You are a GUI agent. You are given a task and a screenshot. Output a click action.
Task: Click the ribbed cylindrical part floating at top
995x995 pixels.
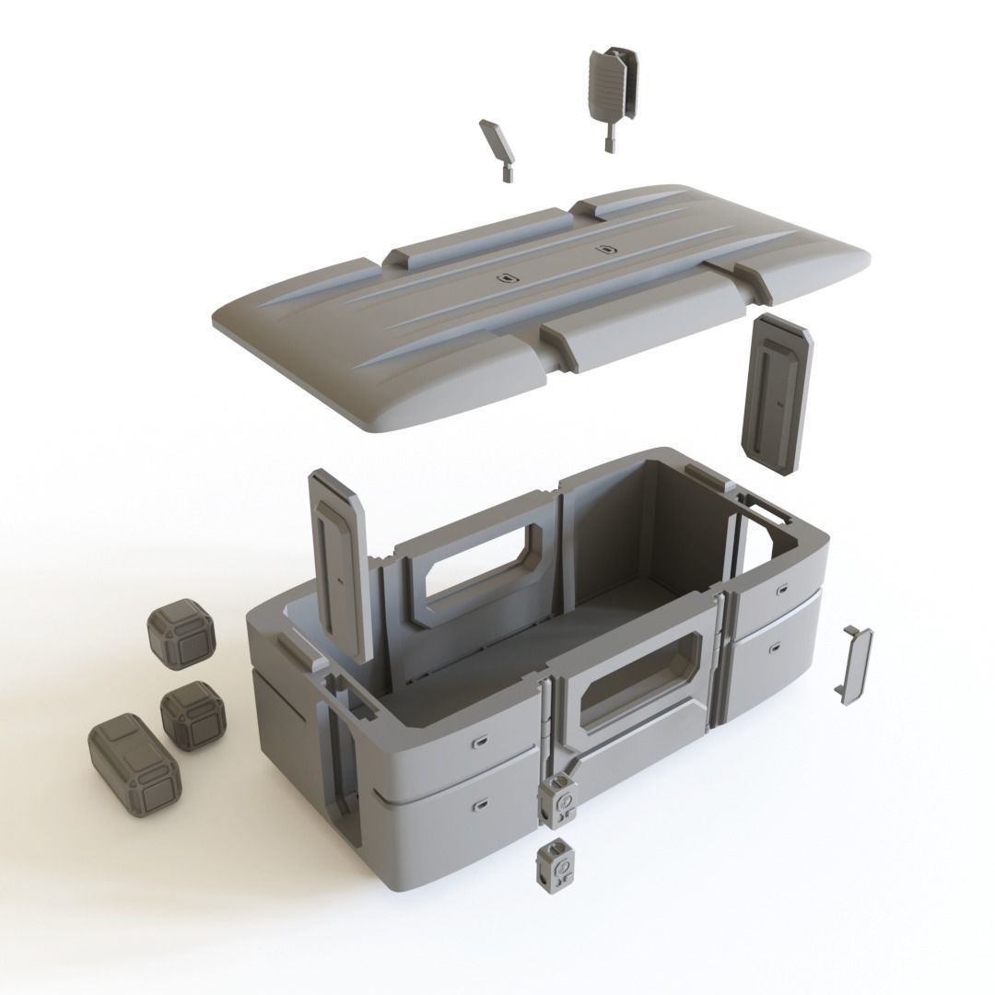click(607, 88)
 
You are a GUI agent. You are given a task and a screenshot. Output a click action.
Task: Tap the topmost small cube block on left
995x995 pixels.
click(181, 636)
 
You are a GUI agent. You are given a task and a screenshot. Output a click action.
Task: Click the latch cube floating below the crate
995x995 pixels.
click(556, 866)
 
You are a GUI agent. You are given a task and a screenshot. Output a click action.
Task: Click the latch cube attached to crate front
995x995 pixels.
click(559, 797)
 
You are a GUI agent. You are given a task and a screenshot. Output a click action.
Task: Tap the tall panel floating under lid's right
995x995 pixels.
click(778, 395)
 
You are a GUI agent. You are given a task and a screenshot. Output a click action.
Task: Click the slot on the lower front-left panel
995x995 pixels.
click(480, 807)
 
